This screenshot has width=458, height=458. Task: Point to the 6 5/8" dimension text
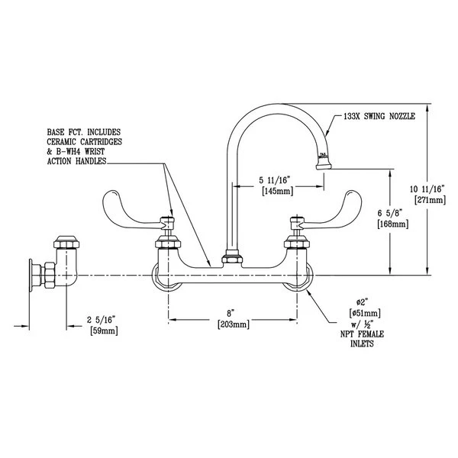tap(391, 213)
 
